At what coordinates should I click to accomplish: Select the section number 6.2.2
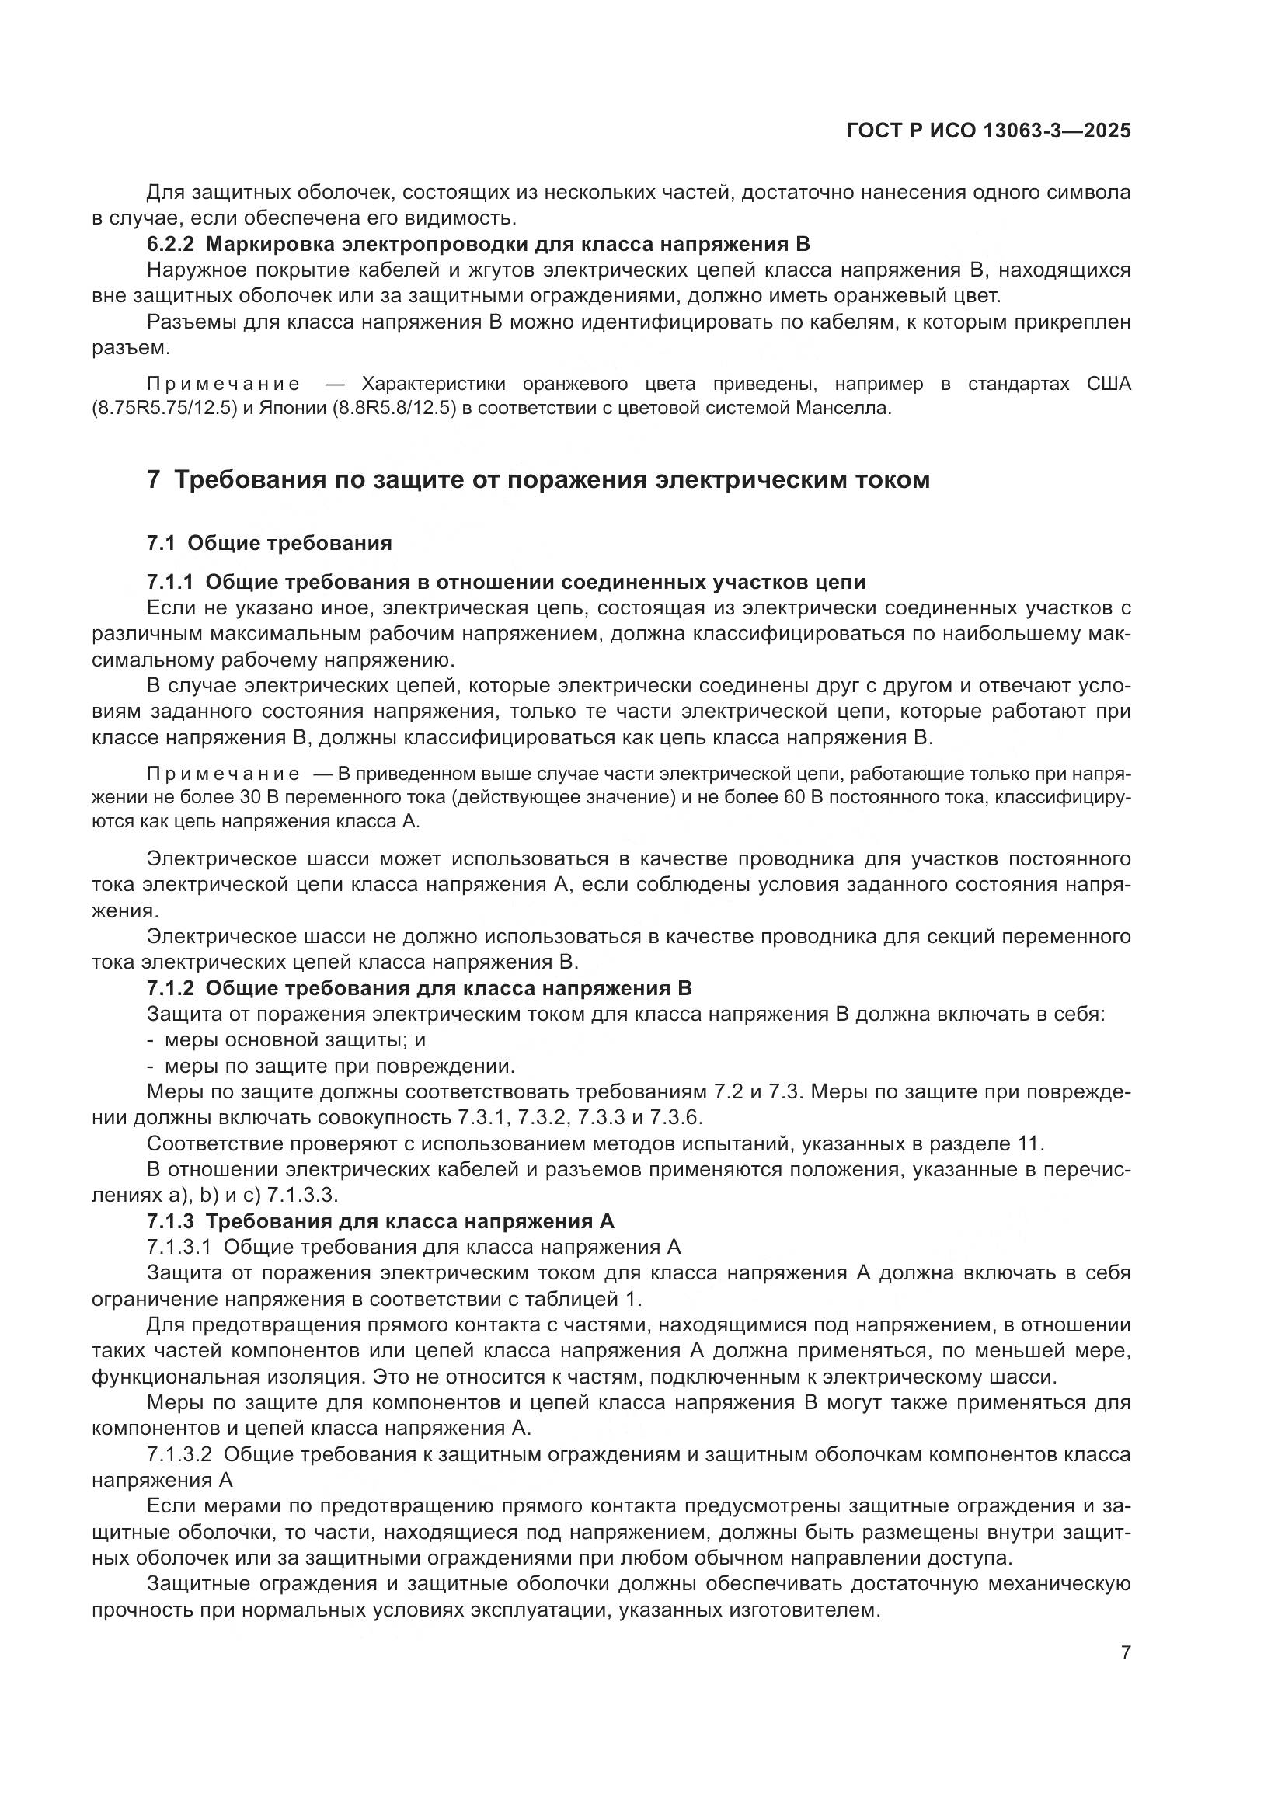pos(170,245)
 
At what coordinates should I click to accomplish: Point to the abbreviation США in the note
pos(1108,385)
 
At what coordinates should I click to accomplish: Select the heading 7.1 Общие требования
pos(269,543)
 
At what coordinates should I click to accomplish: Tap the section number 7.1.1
pos(170,583)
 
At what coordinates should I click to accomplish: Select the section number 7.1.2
pos(170,988)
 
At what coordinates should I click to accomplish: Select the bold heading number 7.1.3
pos(170,1221)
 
